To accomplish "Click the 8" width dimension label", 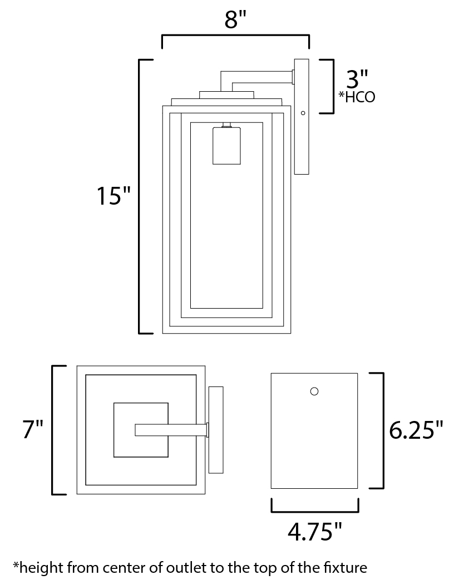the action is pyautogui.click(x=235, y=19).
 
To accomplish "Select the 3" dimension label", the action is pyautogui.click(x=357, y=78).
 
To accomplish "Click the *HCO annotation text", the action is pyautogui.click(x=357, y=97).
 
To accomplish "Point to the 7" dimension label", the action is pyautogui.click(x=33, y=429).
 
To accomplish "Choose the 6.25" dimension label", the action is pyautogui.click(x=416, y=430).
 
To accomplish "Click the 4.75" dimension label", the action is pyautogui.click(x=314, y=532).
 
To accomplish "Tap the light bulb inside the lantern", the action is pyautogui.click(x=226, y=145).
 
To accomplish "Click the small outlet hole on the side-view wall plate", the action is pyautogui.click(x=303, y=113).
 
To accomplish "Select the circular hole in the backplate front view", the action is pyautogui.click(x=314, y=391).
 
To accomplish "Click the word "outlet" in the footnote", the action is pyautogui.click(x=187, y=567).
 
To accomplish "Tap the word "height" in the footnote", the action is pyautogui.click(x=42, y=568).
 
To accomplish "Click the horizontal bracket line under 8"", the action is pyautogui.click(x=235, y=36).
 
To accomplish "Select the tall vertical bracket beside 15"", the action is pyautogui.click(x=140, y=196).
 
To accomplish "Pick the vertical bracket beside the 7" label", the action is pyautogui.click(x=52, y=430).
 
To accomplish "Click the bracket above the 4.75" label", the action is pyautogui.click(x=315, y=512).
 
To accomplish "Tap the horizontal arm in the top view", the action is pyautogui.click(x=171, y=430).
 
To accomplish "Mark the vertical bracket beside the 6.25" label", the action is pyautogui.click(x=383, y=430).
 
